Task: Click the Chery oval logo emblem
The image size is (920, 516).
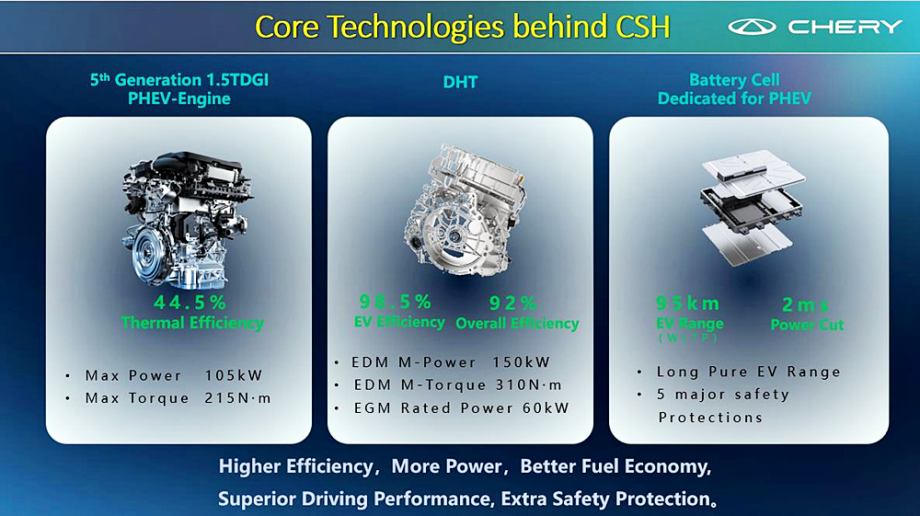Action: pyautogui.click(x=752, y=27)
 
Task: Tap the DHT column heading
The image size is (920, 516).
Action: pyautogui.click(x=460, y=82)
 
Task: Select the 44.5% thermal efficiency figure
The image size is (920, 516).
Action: pyautogui.click(x=190, y=303)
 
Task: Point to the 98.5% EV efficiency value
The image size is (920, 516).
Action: pyautogui.click(x=396, y=302)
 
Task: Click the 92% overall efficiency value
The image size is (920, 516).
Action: pyautogui.click(x=512, y=304)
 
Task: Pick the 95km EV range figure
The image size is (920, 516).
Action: pyautogui.click(x=687, y=304)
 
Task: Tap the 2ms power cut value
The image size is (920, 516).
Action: pyautogui.click(x=805, y=305)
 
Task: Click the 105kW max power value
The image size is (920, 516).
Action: pyautogui.click(x=234, y=375)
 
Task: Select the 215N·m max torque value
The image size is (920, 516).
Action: pyautogui.click(x=237, y=398)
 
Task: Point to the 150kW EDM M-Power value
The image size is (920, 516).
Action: pyautogui.click(x=521, y=362)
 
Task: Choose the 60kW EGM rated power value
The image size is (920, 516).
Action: pyautogui.click(x=546, y=408)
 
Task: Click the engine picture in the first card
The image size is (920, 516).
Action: pyautogui.click(x=187, y=220)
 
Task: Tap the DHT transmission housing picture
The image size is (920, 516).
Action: pyautogui.click(x=463, y=212)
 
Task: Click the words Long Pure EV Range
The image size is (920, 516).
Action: pyautogui.click(x=749, y=372)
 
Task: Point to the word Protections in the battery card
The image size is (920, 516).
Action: pyautogui.click(x=710, y=418)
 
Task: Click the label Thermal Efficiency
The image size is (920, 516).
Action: pyautogui.click(x=192, y=323)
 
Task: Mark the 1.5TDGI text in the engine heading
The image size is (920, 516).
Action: pyautogui.click(x=237, y=80)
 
